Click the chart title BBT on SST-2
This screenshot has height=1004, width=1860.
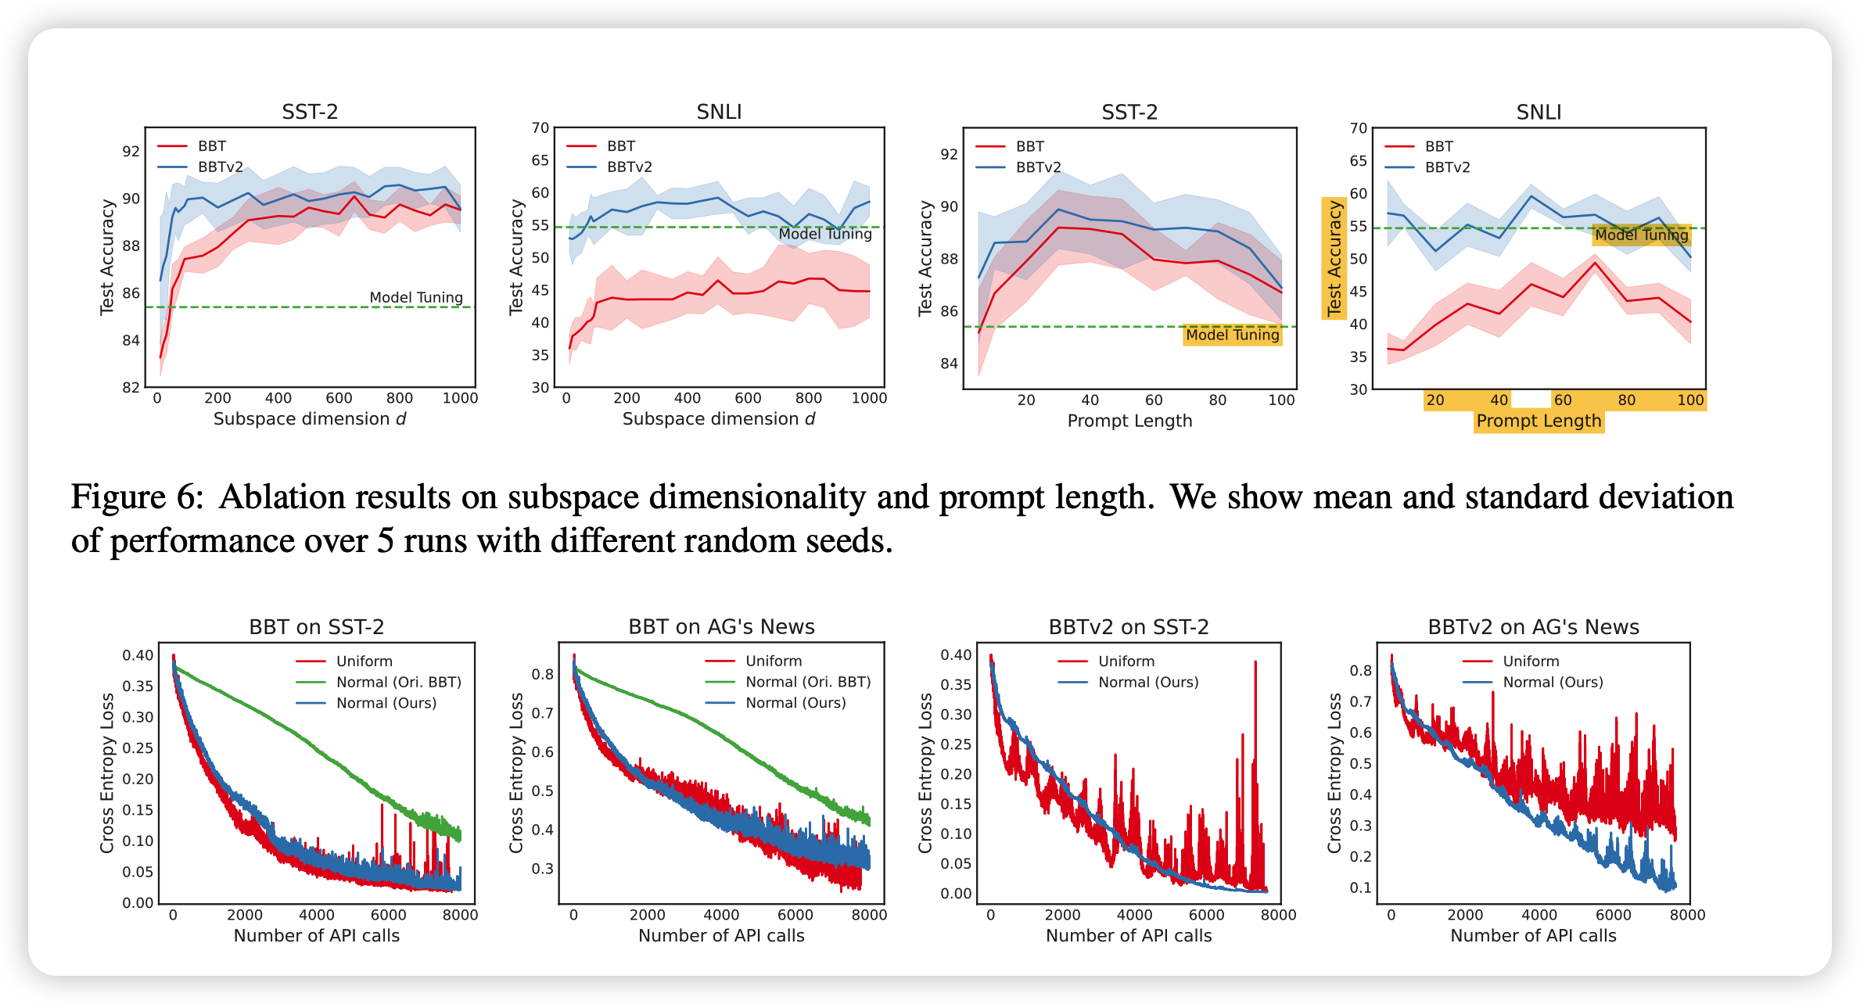(x=316, y=627)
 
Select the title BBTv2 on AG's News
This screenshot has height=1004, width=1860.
(x=1533, y=627)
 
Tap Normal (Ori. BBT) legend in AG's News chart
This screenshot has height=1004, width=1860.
(x=807, y=682)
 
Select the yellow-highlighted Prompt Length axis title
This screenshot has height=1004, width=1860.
(x=1539, y=421)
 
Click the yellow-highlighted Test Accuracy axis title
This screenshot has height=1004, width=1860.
(x=1334, y=258)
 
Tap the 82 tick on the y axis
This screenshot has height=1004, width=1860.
(x=131, y=388)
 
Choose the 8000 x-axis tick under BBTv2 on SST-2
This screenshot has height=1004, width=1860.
(x=1278, y=915)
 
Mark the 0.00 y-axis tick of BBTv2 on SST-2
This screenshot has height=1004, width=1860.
(x=956, y=894)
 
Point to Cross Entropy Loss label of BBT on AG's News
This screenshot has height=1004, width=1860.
(x=516, y=773)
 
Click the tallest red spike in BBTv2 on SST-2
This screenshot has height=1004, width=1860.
(x=1255, y=663)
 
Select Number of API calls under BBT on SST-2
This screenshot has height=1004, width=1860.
(x=316, y=936)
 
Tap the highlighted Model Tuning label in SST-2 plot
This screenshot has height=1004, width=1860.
(x=1232, y=335)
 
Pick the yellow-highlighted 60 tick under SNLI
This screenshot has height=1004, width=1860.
(x=1562, y=400)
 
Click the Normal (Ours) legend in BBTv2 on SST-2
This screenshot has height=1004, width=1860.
(x=1147, y=683)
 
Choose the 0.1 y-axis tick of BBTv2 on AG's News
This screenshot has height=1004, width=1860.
(x=1361, y=888)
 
